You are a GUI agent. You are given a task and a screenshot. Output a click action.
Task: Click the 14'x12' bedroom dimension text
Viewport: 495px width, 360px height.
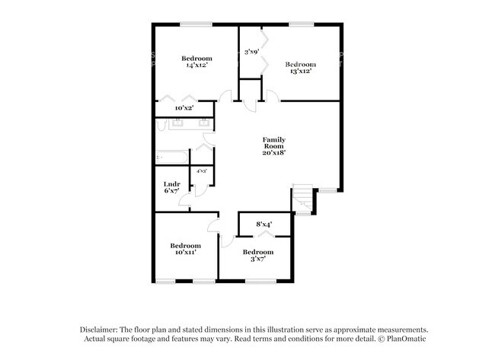coord(196,65)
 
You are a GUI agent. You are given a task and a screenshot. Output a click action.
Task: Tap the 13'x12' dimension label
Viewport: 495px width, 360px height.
coord(299,72)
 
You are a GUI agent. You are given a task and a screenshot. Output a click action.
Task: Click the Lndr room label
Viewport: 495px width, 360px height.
coord(171,183)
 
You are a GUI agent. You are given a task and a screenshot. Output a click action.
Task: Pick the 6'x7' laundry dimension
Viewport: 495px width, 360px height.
coord(171,191)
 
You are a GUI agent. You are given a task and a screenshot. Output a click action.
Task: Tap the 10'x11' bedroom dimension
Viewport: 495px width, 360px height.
coord(185,253)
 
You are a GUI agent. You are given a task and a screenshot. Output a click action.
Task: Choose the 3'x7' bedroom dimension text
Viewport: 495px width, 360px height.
coord(257,260)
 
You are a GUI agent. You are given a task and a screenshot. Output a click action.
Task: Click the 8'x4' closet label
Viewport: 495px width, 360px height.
coord(263,225)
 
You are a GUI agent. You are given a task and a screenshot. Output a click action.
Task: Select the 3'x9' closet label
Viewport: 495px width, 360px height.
coord(251,52)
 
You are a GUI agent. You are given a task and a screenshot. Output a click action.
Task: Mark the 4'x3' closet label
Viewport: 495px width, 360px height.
coord(202,171)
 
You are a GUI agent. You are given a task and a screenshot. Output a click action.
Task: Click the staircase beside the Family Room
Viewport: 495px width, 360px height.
coord(304,199)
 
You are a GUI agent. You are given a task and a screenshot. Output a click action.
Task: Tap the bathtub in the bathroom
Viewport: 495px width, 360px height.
coord(172,158)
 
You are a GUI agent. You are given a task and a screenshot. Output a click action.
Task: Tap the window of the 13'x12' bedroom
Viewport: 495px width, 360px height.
coord(301,25)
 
